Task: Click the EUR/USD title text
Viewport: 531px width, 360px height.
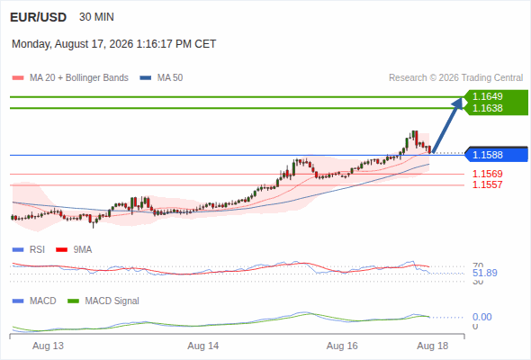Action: (x=39, y=17)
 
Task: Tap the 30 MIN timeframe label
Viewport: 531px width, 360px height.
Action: (x=96, y=17)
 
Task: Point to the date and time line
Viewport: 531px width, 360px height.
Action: (x=113, y=44)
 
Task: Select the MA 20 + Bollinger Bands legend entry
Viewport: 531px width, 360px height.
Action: (x=70, y=78)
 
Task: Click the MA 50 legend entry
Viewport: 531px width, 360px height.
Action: (x=161, y=78)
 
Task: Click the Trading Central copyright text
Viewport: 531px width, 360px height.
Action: (x=455, y=78)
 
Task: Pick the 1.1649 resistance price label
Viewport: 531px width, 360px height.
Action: (x=487, y=96)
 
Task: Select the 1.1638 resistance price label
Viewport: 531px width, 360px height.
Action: (x=487, y=108)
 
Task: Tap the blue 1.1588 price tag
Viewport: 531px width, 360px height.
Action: (x=497, y=155)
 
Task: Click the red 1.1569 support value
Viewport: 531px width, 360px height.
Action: (x=487, y=174)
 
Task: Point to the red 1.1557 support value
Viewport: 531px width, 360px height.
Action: (x=487, y=184)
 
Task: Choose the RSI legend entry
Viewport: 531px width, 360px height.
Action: (x=29, y=250)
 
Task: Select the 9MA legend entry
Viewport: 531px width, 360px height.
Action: (x=74, y=250)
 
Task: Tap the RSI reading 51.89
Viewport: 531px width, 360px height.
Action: (x=485, y=273)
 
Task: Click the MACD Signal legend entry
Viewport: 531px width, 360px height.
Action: (x=103, y=301)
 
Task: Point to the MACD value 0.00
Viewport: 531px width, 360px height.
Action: (x=481, y=318)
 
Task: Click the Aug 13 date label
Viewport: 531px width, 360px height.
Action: (x=48, y=346)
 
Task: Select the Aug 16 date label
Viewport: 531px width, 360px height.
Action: (x=342, y=346)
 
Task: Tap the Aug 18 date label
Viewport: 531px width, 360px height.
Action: (x=433, y=346)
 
